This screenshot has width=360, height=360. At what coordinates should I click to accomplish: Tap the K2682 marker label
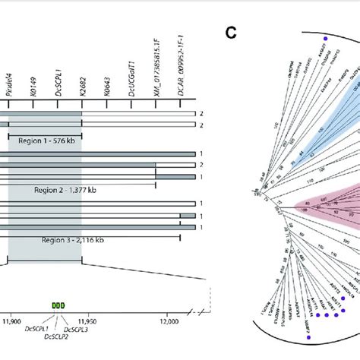[81, 87]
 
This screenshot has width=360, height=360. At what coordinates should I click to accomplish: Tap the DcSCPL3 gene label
[78, 329]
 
